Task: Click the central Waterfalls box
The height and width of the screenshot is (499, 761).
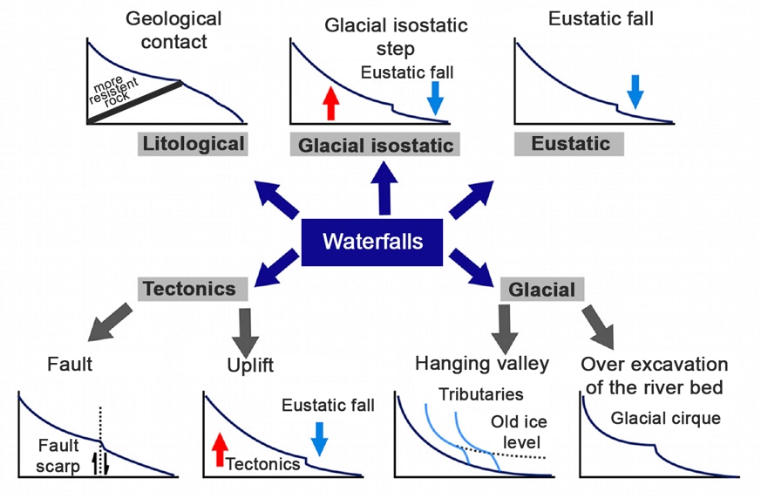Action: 373,240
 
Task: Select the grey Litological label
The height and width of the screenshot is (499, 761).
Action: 194,144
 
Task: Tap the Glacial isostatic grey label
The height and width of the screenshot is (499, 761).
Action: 376,146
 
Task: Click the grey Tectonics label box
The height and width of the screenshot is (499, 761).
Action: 189,287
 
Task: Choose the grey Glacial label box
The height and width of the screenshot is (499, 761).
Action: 540,289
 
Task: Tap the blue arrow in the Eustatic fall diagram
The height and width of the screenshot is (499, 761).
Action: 635,92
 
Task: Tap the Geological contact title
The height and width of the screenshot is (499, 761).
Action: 174,28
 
